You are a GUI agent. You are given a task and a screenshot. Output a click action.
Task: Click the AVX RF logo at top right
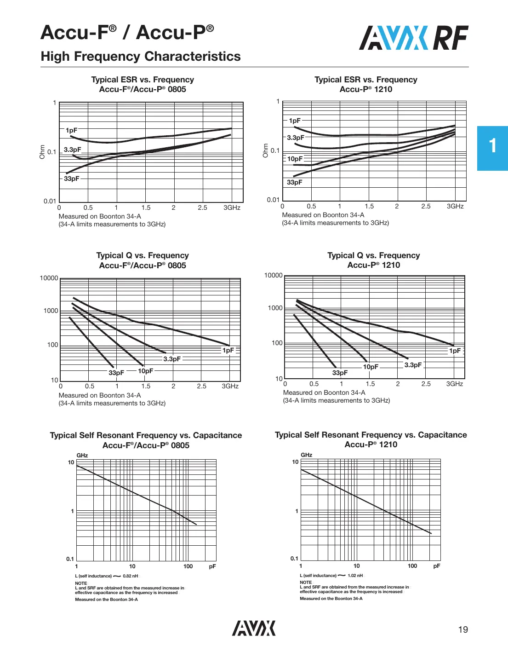(413, 38)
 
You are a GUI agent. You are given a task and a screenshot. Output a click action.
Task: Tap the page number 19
(463, 629)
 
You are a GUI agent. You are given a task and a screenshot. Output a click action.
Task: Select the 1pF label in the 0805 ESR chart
(71, 130)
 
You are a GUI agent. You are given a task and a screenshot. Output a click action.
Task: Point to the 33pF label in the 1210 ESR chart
(295, 182)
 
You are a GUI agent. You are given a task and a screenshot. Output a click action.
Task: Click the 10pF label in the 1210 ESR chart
(295, 159)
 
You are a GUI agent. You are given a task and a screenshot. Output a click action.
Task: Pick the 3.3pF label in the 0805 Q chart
(172, 359)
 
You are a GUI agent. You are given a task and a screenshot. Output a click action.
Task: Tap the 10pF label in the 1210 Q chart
(371, 367)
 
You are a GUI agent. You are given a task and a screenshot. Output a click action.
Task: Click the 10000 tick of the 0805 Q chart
(49, 278)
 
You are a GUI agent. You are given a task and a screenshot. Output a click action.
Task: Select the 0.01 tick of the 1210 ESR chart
(273, 200)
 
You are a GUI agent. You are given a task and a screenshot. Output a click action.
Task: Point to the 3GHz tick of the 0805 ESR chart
(232, 208)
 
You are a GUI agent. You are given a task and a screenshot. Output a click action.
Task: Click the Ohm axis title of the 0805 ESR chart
(42, 152)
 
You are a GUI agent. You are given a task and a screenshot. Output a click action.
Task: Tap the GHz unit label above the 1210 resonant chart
(307, 455)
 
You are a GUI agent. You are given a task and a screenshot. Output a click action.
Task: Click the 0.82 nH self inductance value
(130, 576)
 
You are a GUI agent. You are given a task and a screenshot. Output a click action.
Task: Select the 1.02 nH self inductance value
(355, 576)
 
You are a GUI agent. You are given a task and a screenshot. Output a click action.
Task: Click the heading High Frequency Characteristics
(141, 56)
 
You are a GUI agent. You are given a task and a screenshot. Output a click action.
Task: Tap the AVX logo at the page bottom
(254, 628)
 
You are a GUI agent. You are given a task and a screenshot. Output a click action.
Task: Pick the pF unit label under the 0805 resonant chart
(212, 566)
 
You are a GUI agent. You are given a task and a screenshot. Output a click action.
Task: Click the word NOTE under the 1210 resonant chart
(306, 582)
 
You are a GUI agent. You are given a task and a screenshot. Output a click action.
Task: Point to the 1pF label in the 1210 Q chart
(455, 351)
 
